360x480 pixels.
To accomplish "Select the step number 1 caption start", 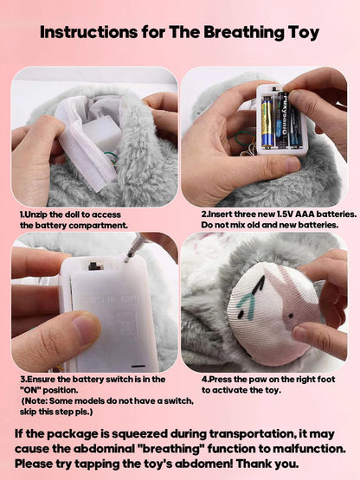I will click(x=22, y=213).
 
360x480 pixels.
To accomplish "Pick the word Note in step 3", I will click(x=39, y=401).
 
